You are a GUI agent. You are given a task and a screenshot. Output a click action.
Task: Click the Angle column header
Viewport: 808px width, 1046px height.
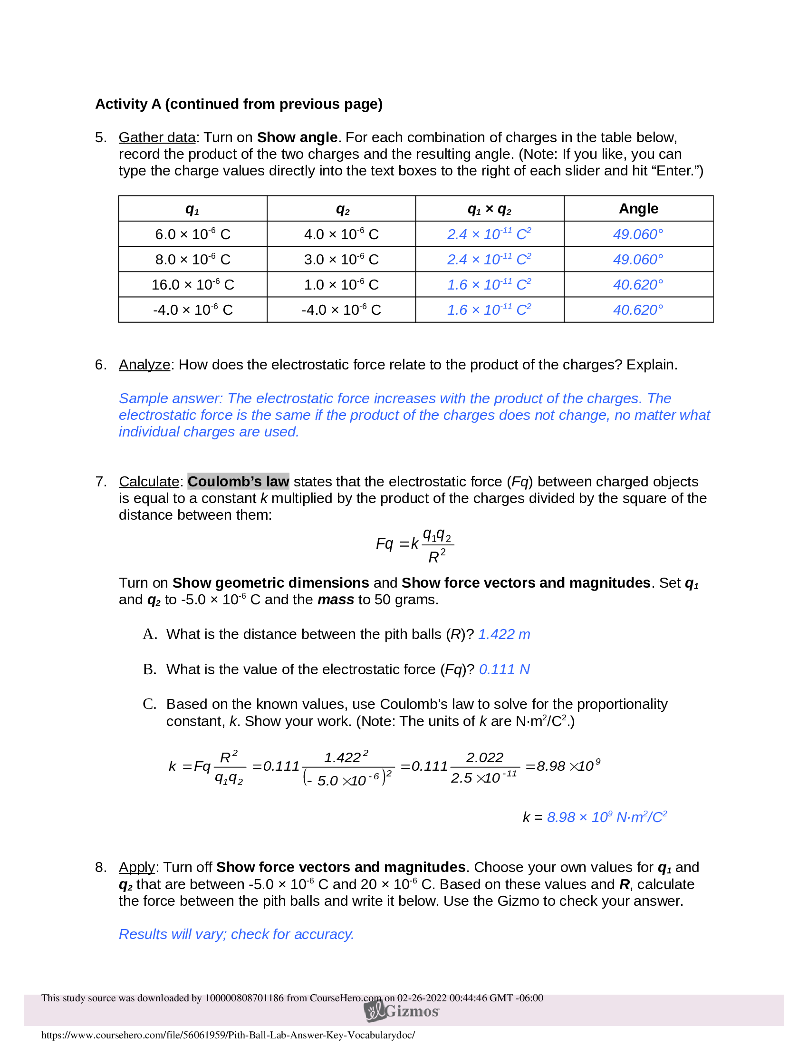tap(638, 208)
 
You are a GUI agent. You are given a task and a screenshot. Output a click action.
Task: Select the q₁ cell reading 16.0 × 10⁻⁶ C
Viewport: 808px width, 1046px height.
tap(192, 284)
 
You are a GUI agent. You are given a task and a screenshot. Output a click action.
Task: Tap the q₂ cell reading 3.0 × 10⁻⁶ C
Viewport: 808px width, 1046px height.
tap(341, 259)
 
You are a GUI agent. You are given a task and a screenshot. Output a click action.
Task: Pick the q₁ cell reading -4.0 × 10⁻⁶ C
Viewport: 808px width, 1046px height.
tap(192, 310)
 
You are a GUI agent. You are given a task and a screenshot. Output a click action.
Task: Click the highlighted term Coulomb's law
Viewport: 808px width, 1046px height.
tap(238, 481)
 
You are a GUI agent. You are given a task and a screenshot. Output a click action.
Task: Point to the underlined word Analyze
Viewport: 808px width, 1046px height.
tap(144, 365)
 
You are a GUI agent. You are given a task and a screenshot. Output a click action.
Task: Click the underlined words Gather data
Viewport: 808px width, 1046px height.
tap(157, 137)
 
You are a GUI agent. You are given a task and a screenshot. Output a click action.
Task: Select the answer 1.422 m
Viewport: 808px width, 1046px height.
tap(503, 634)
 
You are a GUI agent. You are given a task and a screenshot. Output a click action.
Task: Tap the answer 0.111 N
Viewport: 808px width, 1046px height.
tap(504, 669)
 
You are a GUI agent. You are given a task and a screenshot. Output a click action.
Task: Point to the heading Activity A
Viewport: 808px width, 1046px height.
tap(239, 104)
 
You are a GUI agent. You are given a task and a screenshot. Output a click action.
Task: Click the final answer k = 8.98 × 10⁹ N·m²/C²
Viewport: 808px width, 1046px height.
tap(595, 817)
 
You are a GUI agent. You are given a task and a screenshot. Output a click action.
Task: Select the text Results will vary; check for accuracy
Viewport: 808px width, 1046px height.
tap(236, 934)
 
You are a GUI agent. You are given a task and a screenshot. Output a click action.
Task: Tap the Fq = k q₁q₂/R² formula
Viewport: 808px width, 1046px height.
tap(414, 544)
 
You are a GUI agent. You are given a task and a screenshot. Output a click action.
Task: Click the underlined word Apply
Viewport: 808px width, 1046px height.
tap(137, 867)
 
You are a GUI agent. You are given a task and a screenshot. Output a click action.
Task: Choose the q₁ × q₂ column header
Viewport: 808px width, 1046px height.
tap(489, 209)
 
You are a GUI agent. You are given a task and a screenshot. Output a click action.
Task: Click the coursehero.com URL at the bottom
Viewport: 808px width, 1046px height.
tap(228, 1035)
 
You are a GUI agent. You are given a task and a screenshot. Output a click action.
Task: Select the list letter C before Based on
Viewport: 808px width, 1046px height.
tap(149, 704)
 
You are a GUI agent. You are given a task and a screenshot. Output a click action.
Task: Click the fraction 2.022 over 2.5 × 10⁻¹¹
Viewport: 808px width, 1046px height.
tap(484, 767)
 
